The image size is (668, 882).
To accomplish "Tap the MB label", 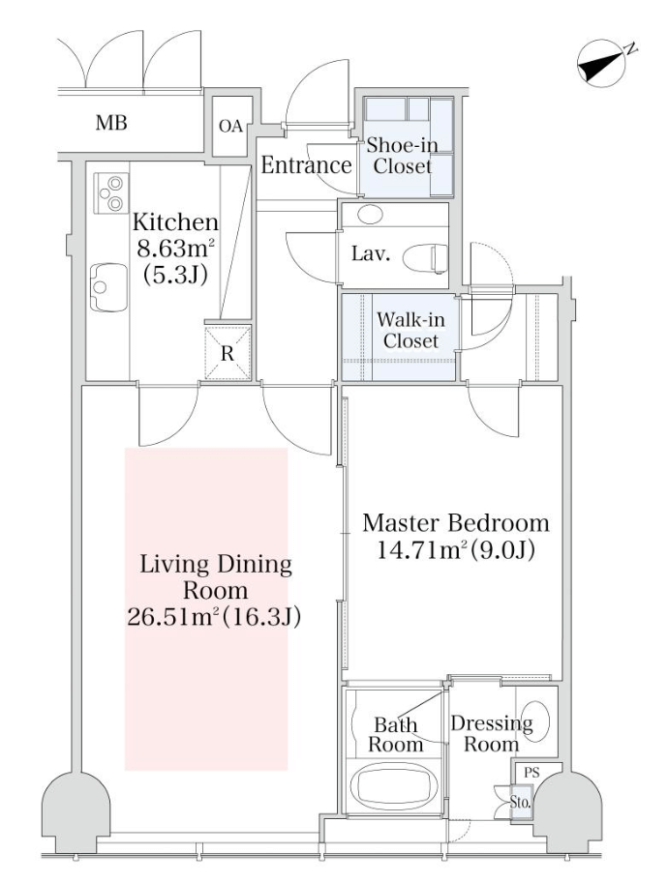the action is (111, 122).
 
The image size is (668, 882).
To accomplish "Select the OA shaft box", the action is (231, 126).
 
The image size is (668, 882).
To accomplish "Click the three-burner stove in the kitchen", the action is (111, 192).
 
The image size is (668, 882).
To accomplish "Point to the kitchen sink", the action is (108, 287).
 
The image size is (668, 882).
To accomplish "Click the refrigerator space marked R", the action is (228, 352).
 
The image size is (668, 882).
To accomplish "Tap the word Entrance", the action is (306, 165).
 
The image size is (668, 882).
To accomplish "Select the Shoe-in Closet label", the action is (402, 156).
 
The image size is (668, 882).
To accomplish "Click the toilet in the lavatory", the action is (425, 258).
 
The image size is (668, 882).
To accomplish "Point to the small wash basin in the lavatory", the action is (370, 214).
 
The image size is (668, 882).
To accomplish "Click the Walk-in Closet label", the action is (410, 330).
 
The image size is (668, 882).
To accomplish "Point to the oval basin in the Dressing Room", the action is (532, 721).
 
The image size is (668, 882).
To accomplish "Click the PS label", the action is (531, 773).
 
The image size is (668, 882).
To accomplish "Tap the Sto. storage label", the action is (520, 803).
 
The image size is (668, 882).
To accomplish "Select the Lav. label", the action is (371, 254).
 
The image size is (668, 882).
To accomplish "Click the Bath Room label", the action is (395, 735).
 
